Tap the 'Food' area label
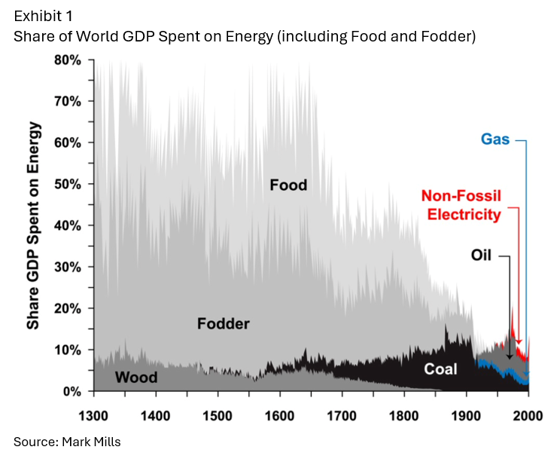pos(288,185)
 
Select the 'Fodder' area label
pos(223,324)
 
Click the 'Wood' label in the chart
pos(136,377)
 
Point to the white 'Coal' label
pos(440,369)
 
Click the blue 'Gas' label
pos(495,139)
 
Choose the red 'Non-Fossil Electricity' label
pos(464,205)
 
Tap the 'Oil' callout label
pos(481,256)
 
